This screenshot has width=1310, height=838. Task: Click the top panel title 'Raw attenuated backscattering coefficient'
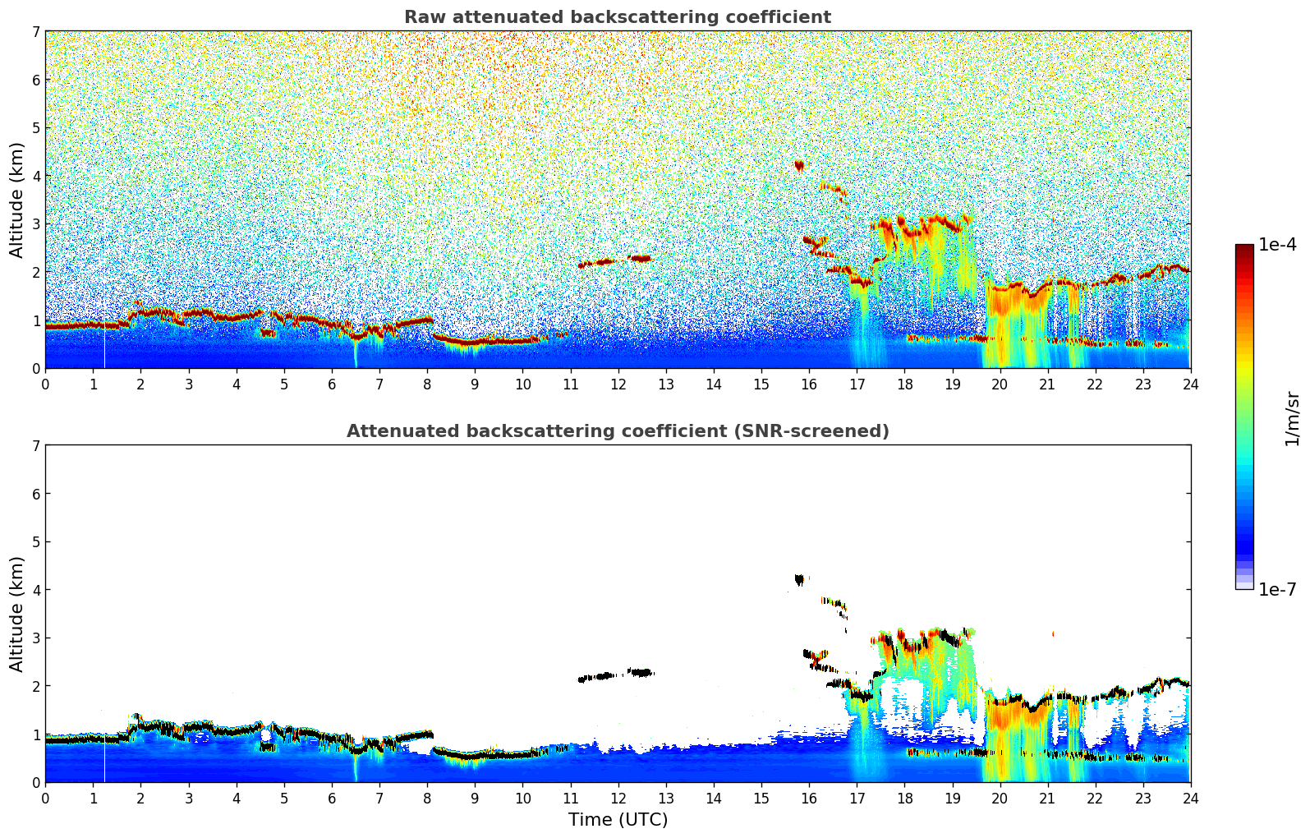(617, 17)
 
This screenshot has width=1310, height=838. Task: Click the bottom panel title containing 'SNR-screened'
(617, 431)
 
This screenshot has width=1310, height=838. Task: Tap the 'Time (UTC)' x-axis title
(618, 820)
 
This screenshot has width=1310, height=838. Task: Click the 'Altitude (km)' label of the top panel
(16, 200)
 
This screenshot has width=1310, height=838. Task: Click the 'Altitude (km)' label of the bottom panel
(16, 614)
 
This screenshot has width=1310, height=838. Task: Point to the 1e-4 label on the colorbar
(1277, 245)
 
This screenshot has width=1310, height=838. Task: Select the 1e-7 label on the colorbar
(1277, 589)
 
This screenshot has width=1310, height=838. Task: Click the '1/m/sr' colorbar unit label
(1292, 419)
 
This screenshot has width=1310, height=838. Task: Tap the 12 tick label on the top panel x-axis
(618, 384)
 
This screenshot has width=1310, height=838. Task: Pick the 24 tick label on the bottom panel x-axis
(1190, 798)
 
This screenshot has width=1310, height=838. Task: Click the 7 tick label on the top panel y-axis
(35, 31)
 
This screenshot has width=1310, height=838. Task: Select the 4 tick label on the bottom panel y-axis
(35, 590)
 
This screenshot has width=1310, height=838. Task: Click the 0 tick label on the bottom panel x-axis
(45, 798)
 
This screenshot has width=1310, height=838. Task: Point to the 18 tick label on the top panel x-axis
(904, 384)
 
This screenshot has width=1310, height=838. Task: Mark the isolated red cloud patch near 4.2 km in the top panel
(799, 166)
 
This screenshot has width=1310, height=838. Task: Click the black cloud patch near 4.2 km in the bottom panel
(799, 580)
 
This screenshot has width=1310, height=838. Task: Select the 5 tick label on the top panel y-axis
(35, 127)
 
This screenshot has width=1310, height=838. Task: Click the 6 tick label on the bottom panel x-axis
(332, 798)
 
